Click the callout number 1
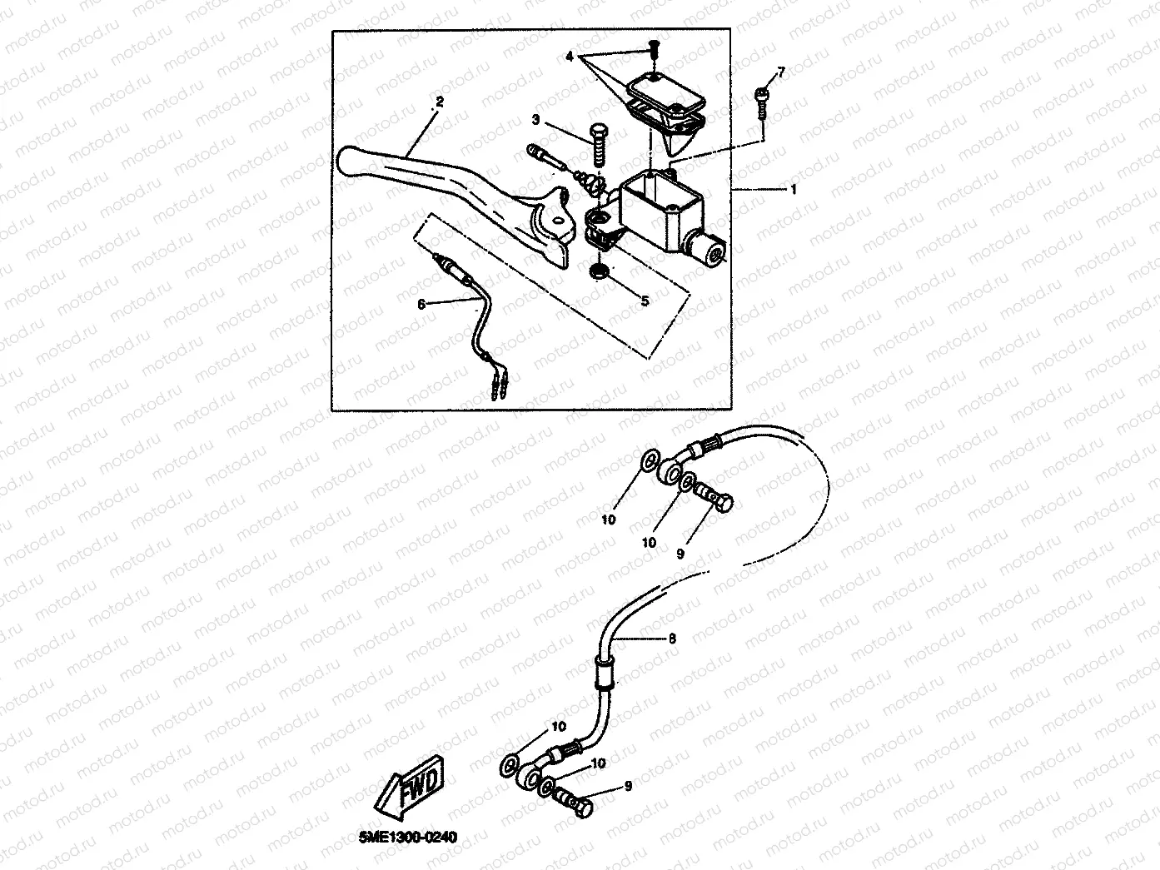[794, 190]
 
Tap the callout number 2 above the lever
[439, 102]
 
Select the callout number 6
[421, 305]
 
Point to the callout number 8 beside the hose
[673, 639]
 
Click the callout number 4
[570, 57]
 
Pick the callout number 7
[780, 72]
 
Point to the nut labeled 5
[597, 273]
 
